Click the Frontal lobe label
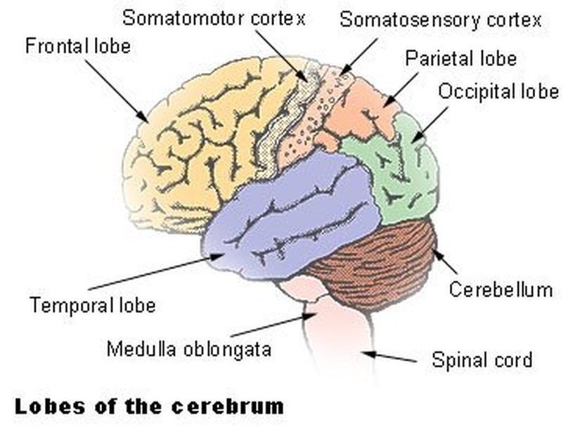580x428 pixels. point(78,48)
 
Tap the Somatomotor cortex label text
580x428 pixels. point(214,18)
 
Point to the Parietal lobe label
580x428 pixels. point(460,58)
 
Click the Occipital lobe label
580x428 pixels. point(498,91)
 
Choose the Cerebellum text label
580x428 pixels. point(501,289)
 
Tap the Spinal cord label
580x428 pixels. point(482,361)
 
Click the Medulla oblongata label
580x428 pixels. point(188,348)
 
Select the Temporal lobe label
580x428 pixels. point(92,306)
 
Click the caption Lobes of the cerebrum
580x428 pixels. point(149,406)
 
